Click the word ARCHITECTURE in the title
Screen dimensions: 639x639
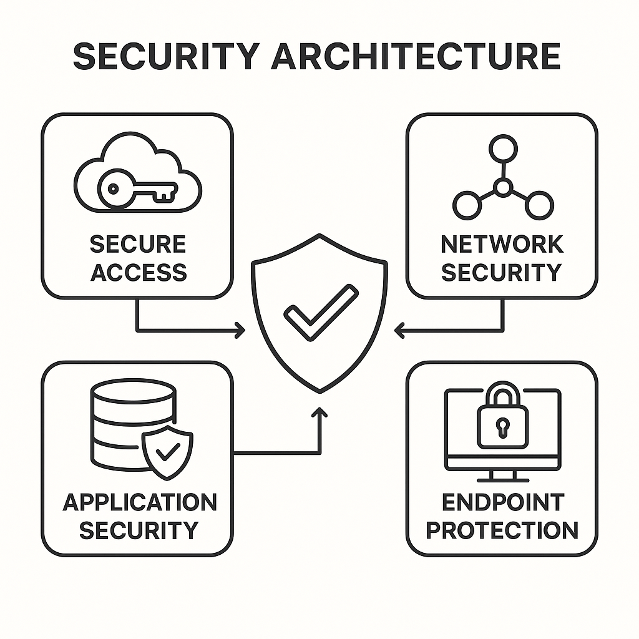point(416,57)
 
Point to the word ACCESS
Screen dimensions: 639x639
point(138,273)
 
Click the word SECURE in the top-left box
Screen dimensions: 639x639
point(138,244)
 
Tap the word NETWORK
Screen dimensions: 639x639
point(502,244)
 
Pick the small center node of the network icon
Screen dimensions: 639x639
point(502,186)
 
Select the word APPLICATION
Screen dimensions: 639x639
point(139,502)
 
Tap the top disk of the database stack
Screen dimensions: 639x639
point(134,392)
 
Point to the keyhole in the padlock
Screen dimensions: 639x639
point(502,427)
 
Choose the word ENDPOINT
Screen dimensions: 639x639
point(502,502)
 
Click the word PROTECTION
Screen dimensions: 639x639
point(502,530)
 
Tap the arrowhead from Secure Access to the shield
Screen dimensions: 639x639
point(240,331)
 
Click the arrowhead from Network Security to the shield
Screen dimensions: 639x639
point(400,331)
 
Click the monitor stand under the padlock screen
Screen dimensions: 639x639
point(502,476)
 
